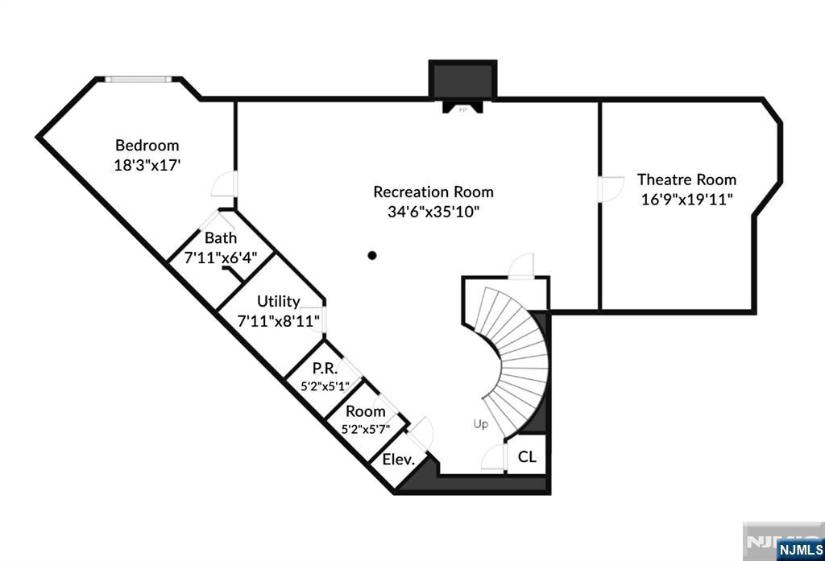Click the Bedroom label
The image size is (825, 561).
(x=147, y=146)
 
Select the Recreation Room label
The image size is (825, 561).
(x=433, y=192)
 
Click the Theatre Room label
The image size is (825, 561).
(x=686, y=179)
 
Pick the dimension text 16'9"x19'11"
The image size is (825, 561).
(x=686, y=199)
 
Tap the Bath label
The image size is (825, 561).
(x=220, y=238)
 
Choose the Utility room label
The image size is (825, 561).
(x=278, y=302)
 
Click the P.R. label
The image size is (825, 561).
(x=325, y=368)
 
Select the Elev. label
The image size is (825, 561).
(x=398, y=460)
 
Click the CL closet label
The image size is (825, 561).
(x=527, y=457)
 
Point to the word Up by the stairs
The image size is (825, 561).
(x=480, y=423)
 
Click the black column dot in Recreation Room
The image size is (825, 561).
(x=372, y=256)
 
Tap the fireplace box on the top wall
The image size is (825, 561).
(x=462, y=80)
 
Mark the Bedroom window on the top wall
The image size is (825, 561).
(x=138, y=79)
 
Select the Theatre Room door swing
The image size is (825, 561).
(x=610, y=189)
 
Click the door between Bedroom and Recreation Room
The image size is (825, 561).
(x=223, y=186)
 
